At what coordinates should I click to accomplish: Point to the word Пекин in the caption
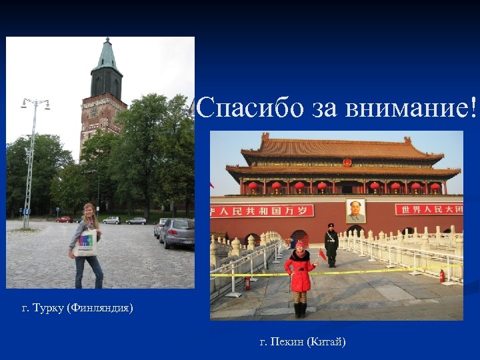pyautogui.click(x=286, y=342)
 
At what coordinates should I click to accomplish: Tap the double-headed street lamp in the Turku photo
pyautogui.click(x=35, y=104)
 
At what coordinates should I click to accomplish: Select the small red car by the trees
pyautogui.click(x=64, y=219)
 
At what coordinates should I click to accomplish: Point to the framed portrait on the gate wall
pyautogui.click(x=356, y=211)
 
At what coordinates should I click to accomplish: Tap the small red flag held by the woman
pyautogui.click(x=323, y=254)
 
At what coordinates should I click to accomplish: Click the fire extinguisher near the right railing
pyautogui.click(x=441, y=275)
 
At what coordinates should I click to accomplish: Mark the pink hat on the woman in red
pyautogui.click(x=299, y=245)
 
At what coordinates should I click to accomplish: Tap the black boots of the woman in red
pyautogui.click(x=300, y=310)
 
